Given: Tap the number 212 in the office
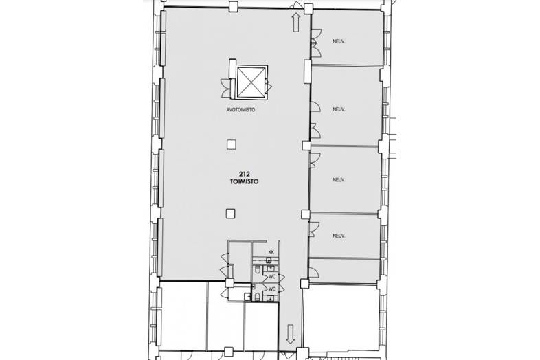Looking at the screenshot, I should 244,175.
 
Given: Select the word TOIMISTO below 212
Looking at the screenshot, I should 244,183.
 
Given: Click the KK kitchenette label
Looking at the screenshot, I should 271,253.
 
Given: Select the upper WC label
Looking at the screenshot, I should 272,276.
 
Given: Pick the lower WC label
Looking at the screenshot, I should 272,289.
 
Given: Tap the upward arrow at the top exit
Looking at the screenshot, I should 295,22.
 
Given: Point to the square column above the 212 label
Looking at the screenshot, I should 232,144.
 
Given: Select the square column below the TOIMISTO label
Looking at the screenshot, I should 229,213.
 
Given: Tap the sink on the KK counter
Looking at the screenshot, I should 269,260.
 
